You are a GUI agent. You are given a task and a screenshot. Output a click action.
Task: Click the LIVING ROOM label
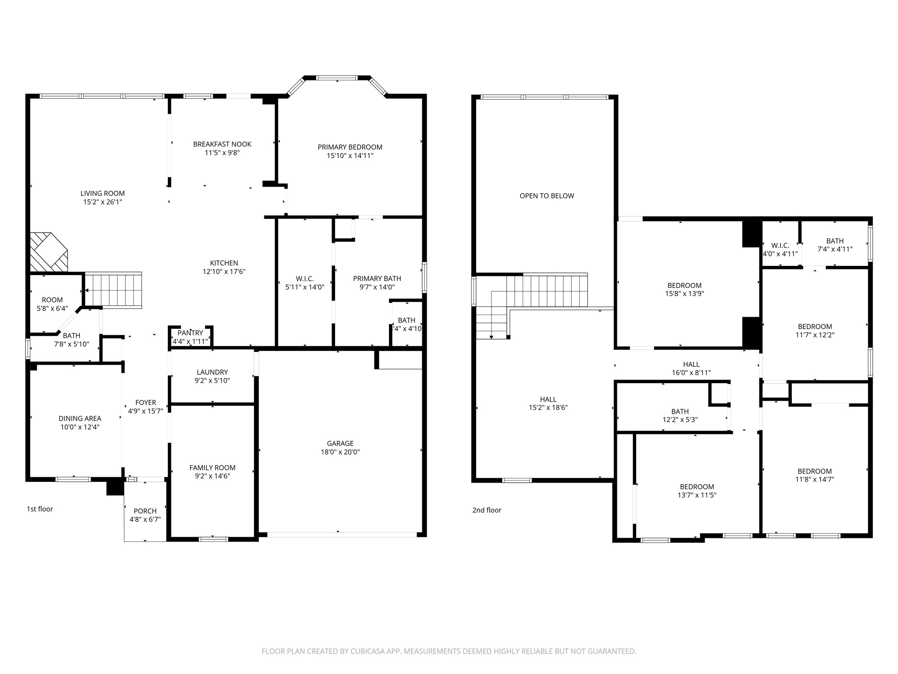[x=103, y=194]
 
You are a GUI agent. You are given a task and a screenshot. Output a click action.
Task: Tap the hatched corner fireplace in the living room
[x=48, y=253]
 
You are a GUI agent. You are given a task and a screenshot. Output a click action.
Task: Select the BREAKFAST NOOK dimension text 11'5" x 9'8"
[x=222, y=153]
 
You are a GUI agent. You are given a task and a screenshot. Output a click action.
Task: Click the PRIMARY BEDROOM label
[x=350, y=147]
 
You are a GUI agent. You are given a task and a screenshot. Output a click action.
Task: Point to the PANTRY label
[x=190, y=333]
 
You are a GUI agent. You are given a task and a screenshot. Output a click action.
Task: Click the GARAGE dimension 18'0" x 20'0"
[x=340, y=452]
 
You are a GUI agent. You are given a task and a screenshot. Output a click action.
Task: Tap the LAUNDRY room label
[x=212, y=373]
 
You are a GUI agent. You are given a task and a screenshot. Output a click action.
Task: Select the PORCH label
[x=145, y=511]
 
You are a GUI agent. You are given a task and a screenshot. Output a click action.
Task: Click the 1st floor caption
[x=40, y=509]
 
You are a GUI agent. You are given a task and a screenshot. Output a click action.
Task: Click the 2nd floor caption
[x=487, y=510]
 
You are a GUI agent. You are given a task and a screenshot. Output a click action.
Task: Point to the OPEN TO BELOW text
[x=547, y=196]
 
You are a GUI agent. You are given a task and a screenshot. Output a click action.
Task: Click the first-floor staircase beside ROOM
[x=113, y=290]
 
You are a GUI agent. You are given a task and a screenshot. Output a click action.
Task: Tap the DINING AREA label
[x=80, y=419]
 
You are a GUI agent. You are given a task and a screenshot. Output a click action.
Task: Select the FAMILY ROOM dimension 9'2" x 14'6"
[x=212, y=476]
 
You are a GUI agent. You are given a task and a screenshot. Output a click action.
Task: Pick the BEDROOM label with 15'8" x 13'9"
[x=684, y=286]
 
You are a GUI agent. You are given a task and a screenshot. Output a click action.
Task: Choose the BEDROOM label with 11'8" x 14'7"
[x=814, y=471]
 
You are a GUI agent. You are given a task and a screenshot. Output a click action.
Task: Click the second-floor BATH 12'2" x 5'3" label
[x=680, y=412]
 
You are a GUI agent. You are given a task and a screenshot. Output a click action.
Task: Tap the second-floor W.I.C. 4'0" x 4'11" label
[x=780, y=246]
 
